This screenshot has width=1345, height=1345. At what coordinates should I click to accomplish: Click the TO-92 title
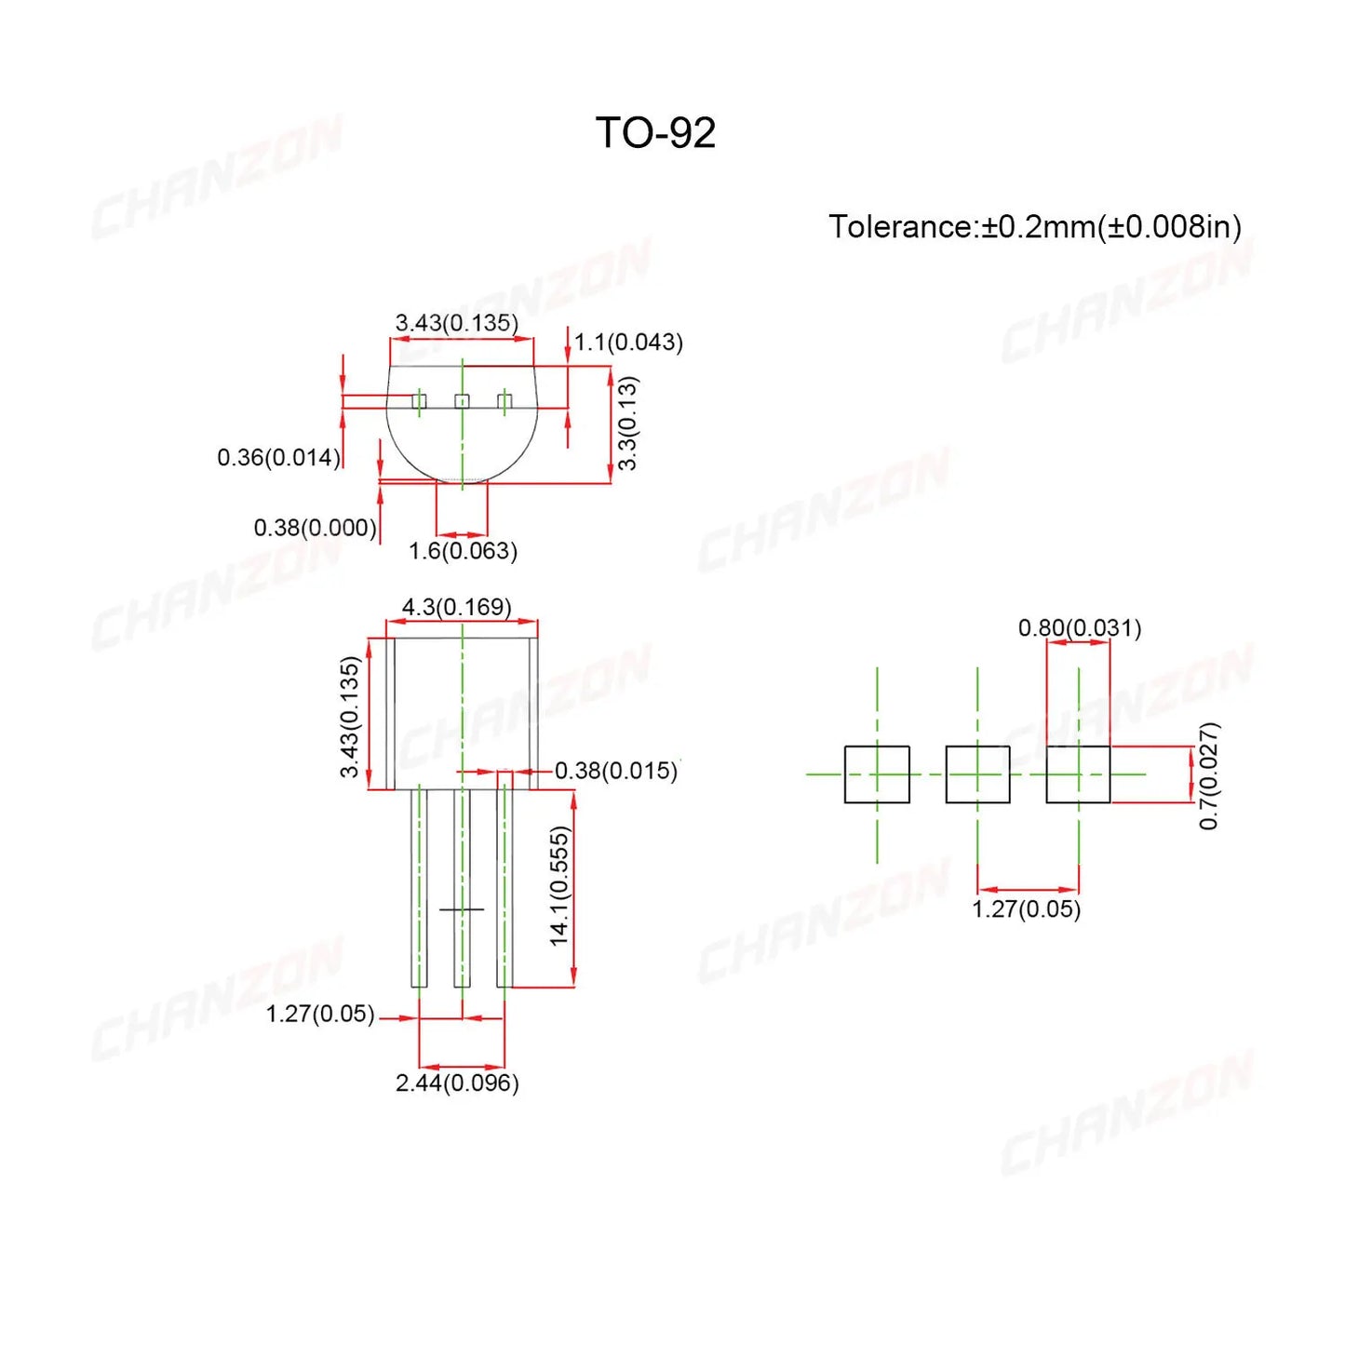coord(655,132)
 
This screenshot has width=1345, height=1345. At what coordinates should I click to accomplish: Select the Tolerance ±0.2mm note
coord(1034,227)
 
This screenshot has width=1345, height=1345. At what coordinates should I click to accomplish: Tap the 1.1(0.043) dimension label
coord(628,343)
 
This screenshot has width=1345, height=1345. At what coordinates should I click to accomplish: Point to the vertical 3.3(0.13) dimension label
coord(628,423)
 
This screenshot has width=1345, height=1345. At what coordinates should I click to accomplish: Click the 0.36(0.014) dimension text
coord(278,458)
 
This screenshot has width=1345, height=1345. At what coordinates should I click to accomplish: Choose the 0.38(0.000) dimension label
coord(315,528)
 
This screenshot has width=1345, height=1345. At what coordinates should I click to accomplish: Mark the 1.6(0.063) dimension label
coord(463,551)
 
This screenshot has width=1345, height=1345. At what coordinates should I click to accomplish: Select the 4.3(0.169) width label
coord(456,607)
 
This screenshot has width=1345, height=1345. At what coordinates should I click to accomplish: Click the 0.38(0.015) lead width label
coord(616,771)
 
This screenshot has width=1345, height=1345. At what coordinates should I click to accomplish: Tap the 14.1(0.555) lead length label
coord(559,886)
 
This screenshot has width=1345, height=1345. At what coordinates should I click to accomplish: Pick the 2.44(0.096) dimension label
coord(457,1083)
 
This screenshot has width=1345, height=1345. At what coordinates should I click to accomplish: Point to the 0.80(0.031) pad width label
coord(1080,628)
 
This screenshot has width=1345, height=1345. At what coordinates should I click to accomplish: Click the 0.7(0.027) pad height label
coord(1208,775)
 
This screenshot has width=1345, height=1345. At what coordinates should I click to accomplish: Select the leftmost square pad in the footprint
coord(877,774)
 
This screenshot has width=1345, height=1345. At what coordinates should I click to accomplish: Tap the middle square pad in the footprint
coord(977,774)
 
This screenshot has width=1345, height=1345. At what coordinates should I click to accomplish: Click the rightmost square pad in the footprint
coord(1078,774)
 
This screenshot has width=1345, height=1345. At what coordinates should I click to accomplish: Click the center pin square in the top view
coord(462,401)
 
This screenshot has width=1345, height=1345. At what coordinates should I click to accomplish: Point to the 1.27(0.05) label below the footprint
coord(1027,909)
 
